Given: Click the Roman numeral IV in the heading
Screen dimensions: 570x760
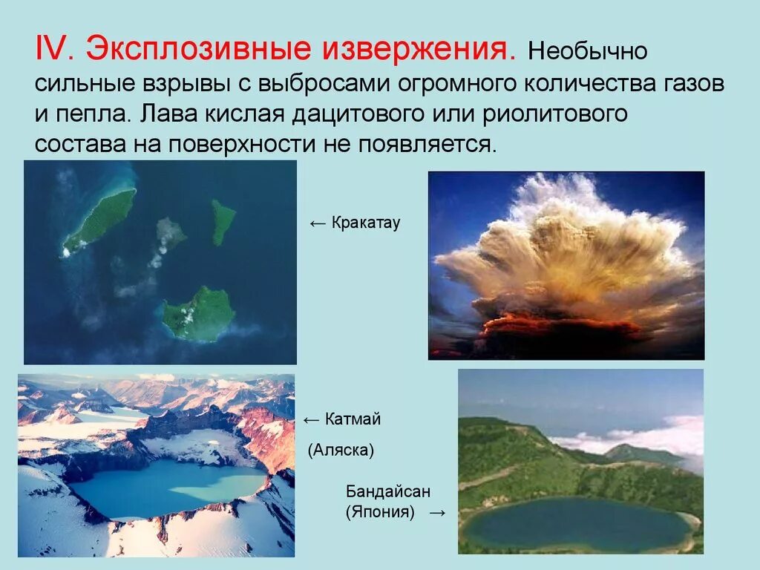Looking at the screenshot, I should [53, 49].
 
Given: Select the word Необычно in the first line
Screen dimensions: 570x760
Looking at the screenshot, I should [588, 53].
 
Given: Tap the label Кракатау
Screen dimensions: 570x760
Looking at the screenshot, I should [365, 223].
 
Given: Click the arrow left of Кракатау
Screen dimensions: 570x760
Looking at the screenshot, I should [317, 223].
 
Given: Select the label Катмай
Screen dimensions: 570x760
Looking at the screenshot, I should [353, 419].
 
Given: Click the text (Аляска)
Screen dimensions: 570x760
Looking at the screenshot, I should [341, 450].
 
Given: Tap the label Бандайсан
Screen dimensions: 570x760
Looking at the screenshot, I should [388, 491].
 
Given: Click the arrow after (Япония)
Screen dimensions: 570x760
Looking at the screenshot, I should [437, 512].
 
